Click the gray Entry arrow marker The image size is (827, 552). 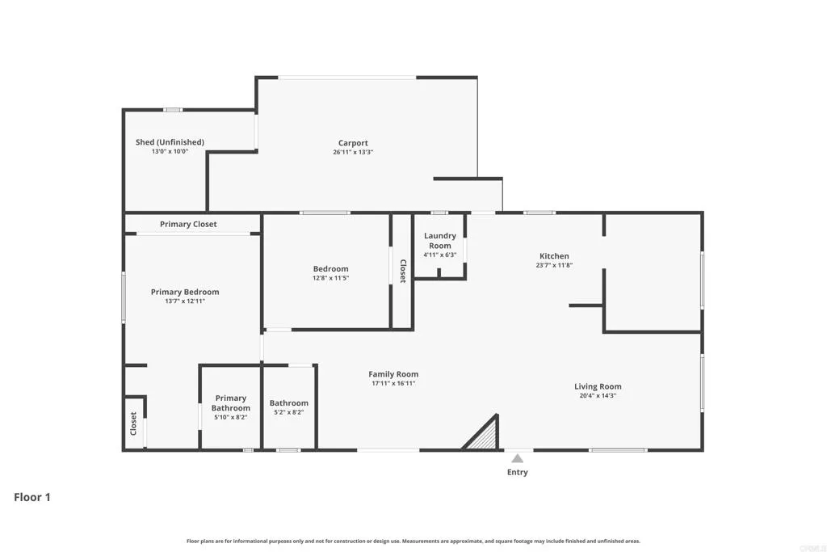[x=517, y=458]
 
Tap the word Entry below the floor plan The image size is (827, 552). [x=517, y=472]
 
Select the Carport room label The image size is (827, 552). [x=353, y=143]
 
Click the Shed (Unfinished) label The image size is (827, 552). [x=170, y=142]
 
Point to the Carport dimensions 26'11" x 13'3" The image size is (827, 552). [x=353, y=152]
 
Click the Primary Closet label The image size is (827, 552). [x=188, y=224]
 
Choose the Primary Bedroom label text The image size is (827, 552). [x=185, y=292]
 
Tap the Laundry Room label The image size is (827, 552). [x=440, y=240]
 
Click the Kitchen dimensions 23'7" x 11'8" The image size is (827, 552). [x=554, y=265]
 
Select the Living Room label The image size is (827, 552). [x=598, y=386]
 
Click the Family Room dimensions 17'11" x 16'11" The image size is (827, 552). [x=393, y=383]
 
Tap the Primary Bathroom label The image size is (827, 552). [x=230, y=402]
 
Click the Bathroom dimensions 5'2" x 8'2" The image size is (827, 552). [x=288, y=412]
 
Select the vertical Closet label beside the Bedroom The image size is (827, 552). [x=402, y=271]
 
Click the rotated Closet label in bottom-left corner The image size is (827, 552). [x=134, y=423]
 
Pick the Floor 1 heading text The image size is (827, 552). [x=32, y=497]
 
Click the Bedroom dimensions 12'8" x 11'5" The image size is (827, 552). [x=331, y=278]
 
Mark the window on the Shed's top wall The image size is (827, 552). [x=173, y=109]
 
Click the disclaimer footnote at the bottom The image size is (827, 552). [x=413, y=541]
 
